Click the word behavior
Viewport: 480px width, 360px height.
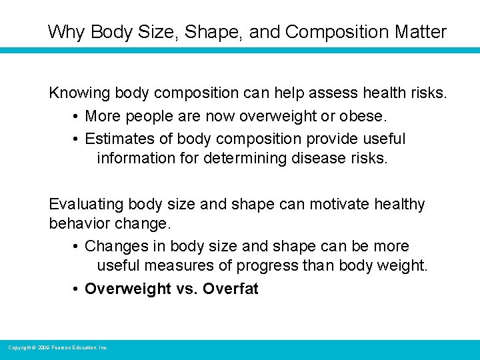tap(77, 223)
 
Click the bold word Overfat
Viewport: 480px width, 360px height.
tap(230, 289)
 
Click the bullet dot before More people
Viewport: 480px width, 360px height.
tap(77, 117)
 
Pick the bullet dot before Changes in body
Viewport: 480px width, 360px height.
tap(77, 247)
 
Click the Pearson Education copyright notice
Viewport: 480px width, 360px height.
tap(57, 347)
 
